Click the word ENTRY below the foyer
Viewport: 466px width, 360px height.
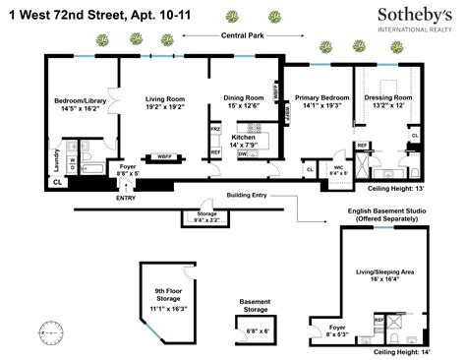click(x=126, y=198)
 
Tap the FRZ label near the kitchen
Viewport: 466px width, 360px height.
click(x=215, y=129)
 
